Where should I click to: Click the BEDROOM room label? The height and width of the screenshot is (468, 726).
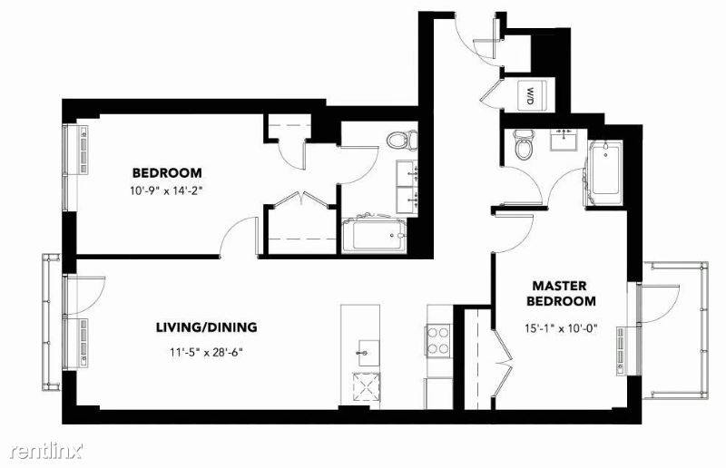[167, 172]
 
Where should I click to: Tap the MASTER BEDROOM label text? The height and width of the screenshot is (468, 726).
[564, 293]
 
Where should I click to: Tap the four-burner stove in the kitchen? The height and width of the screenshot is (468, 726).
[438, 339]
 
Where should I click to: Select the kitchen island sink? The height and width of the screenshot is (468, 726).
[368, 347]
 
